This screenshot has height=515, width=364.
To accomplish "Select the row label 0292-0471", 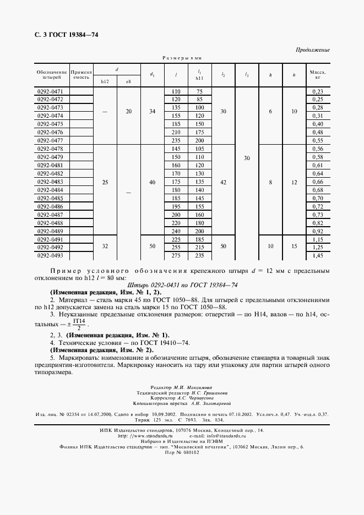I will [x=50, y=91].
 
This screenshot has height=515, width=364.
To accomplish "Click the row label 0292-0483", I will [x=50, y=182].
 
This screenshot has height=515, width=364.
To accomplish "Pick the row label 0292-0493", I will [x=50, y=256].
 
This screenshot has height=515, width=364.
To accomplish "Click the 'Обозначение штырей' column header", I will [x=52, y=75].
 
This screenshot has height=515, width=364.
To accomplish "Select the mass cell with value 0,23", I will [x=317, y=91].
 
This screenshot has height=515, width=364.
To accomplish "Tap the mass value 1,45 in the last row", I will [x=317, y=256].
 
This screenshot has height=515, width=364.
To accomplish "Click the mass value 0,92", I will [x=317, y=232].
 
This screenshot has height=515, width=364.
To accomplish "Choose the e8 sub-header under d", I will [x=129, y=82].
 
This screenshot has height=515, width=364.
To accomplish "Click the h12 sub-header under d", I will [x=105, y=82].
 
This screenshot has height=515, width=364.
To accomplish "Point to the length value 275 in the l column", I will [x=176, y=256].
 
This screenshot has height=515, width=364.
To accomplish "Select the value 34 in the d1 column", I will [x=153, y=112].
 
